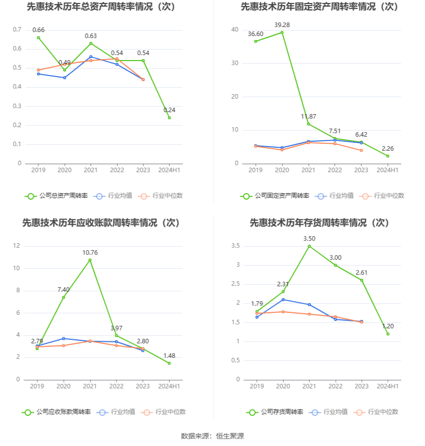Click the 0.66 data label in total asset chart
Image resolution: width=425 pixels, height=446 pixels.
click(x=38, y=30)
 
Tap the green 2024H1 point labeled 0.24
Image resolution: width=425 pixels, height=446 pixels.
click(x=169, y=118)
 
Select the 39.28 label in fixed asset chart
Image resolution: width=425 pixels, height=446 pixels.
click(x=282, y=25)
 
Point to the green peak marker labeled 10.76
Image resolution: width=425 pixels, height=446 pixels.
click(x=90, y=260)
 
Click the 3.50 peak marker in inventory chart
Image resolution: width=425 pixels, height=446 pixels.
click(x=309, y=246)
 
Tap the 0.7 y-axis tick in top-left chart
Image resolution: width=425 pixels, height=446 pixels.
click(x=17, y=30)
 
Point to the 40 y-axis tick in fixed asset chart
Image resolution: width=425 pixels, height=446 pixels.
click(x=234, y=30)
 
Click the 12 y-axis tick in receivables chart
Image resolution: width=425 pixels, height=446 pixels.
click(x=16, y=246)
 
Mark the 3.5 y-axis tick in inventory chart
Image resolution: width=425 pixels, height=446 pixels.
click(x=235, y=246)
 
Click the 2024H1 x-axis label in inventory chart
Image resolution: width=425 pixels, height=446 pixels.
click(x=387, y=386)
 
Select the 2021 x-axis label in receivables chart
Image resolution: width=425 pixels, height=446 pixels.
click(x=90, y=386)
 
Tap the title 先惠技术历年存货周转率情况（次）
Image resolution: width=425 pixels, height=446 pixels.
click(x=319, y=222)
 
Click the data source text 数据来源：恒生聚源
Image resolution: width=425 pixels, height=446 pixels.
click(x=212, y=436)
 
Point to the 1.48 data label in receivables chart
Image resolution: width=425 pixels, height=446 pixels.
click(x=169, y=356)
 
